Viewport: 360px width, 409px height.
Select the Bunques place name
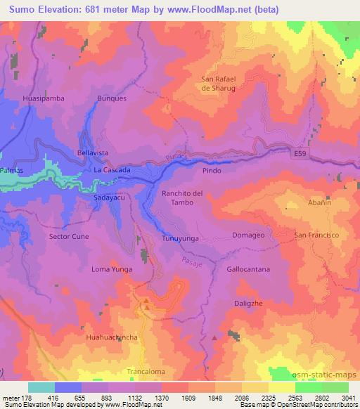pyautogui.click(x=112, y=99)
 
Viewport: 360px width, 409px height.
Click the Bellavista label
pyautogui.click(x=92, y=152)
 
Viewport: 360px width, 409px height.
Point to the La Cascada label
pyautogui.click(x=110, y=171)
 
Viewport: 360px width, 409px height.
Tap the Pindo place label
pyautogui.click(x=212, y=171)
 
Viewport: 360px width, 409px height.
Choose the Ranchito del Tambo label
pyautogui.click(x=182, y=197)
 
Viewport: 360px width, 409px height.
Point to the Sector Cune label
pyautogui.click(x=69, y=237)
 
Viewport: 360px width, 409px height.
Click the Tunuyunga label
pyautogui.click(x=181, y=237)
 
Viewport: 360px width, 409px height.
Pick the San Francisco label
pyautogui.click(x=316, y=234)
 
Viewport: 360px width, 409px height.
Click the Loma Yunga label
pyautogui.click(x=112, y=269)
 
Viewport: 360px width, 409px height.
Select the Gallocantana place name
pyautogui.click(x=248, y=269)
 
